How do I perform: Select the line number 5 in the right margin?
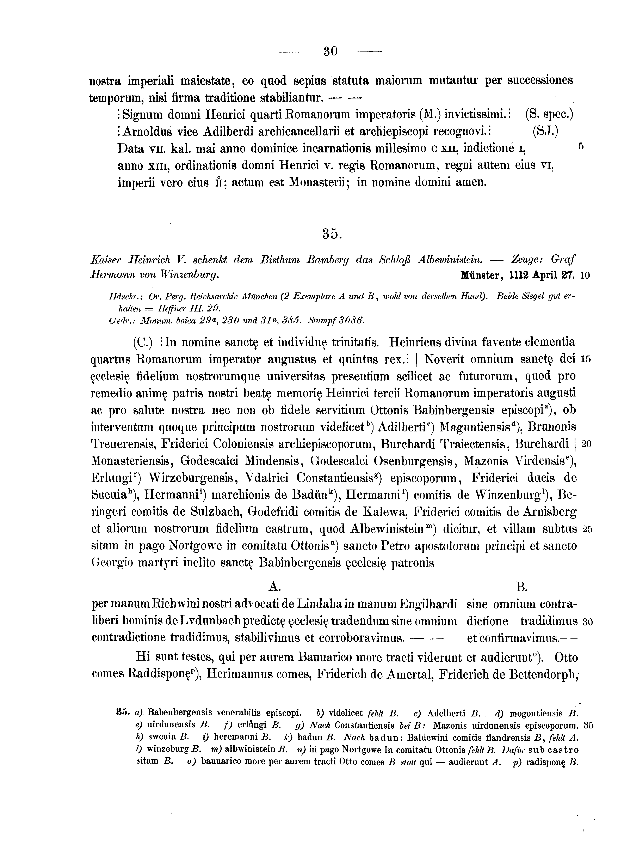581,146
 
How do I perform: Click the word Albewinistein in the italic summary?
450,260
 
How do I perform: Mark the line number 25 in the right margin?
587,529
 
